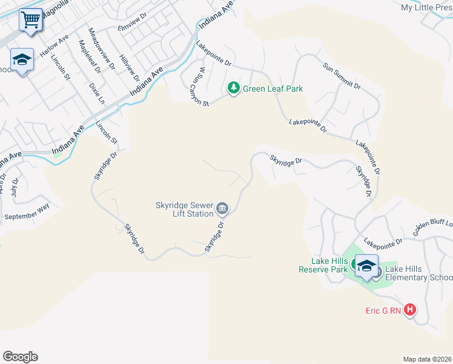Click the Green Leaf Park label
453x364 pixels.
273,89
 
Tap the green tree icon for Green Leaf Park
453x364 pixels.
233,89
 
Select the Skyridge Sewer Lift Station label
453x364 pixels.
185,209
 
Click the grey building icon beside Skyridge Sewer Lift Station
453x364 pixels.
222,210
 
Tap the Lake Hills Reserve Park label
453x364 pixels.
323,265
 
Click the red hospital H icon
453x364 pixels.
410,310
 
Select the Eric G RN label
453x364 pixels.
383,311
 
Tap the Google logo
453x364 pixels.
20,357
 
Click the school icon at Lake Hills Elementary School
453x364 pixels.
366,266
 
